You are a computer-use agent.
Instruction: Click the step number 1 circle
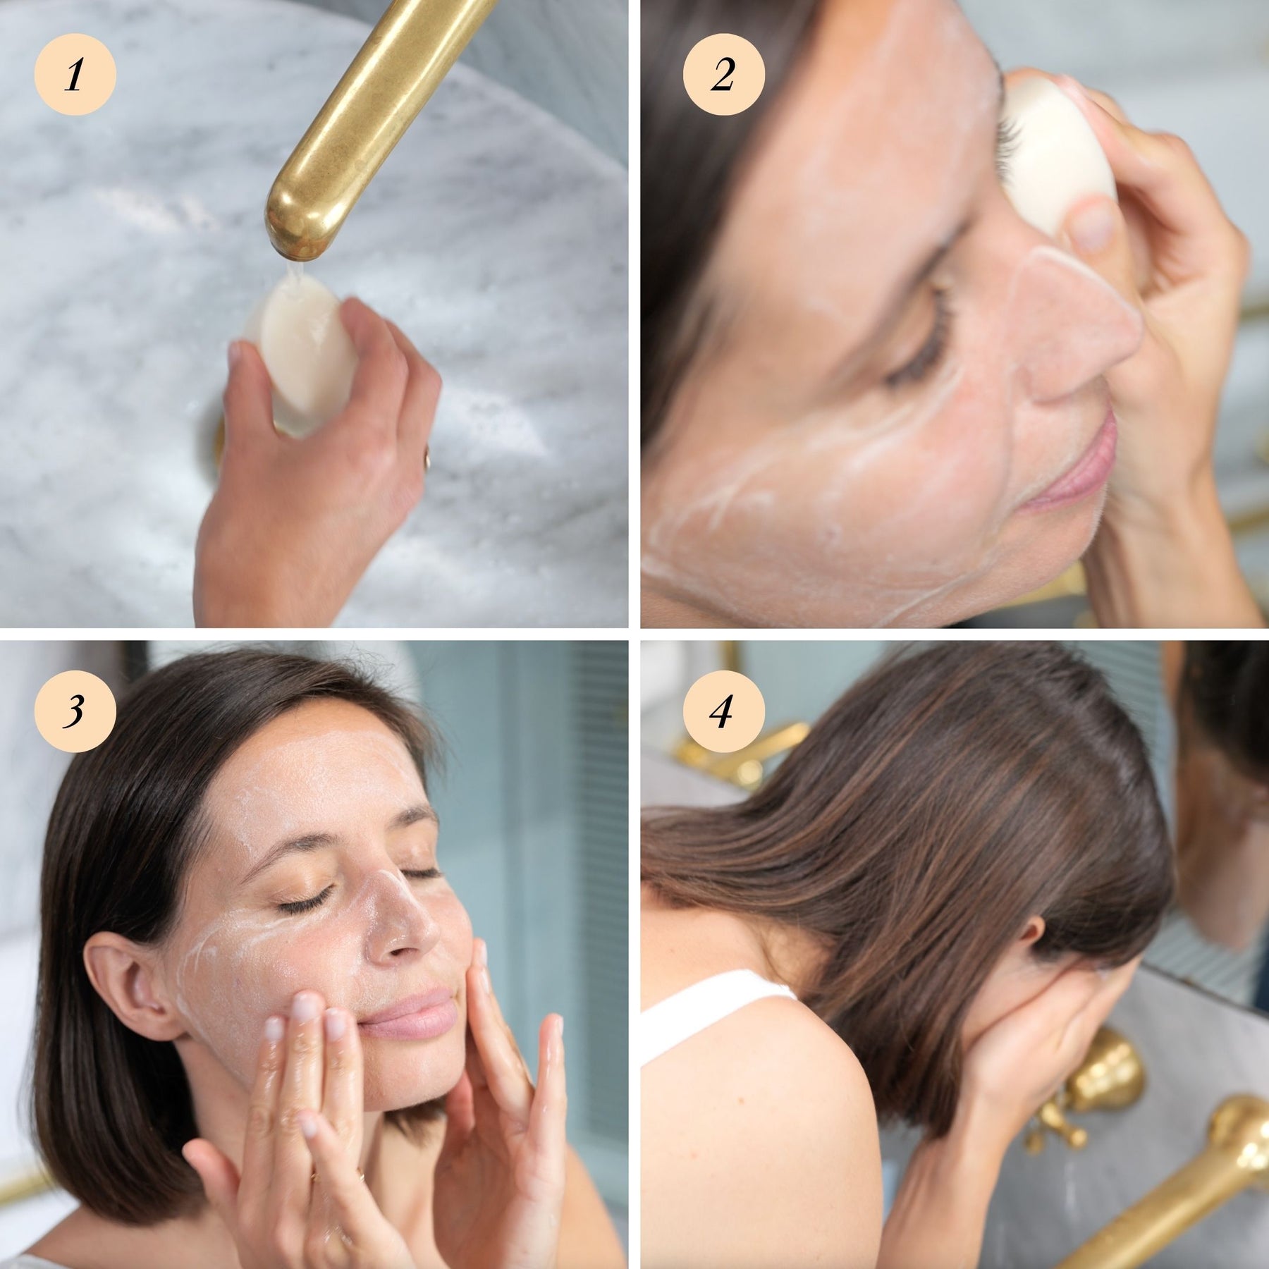coord(75,75)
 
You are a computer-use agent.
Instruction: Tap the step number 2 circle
coord(723,75)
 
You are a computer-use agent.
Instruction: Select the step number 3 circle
coord(75,712)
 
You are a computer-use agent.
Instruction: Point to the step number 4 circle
coord(723,712)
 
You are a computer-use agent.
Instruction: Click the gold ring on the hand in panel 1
coord(426,459)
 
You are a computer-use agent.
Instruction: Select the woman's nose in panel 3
coord(398,916)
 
